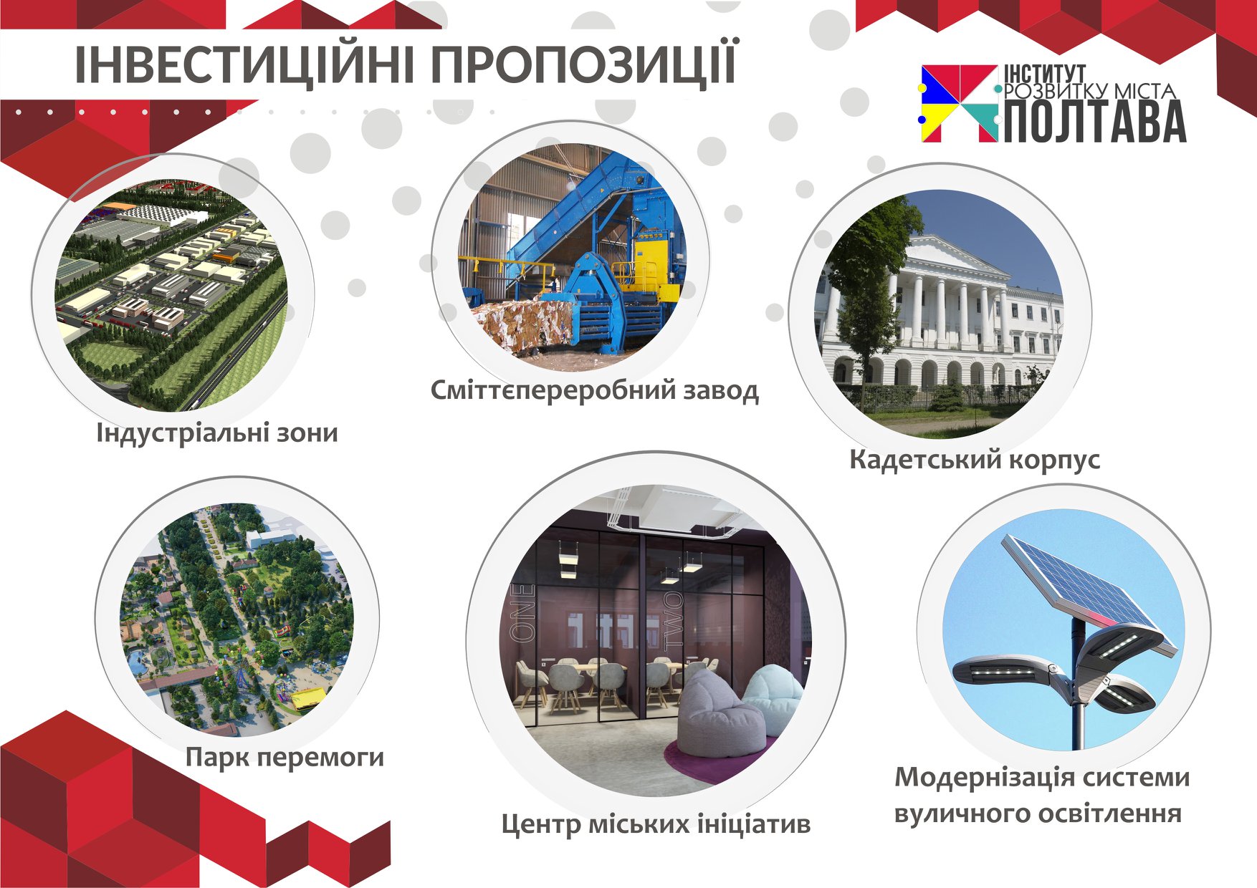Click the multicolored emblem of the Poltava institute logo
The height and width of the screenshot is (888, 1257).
click(x=960, y=104)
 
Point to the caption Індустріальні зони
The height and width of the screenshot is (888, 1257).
click(x=217, y=433)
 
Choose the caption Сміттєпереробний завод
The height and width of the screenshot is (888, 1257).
click(x=594, y=391)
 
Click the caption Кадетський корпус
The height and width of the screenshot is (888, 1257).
click(x=975, y=460)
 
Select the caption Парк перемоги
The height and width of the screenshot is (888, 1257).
click(x=285, y=758)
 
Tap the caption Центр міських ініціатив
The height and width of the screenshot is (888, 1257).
click(x=656, y=824)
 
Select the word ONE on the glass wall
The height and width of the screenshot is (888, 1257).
click(x=522, y=612)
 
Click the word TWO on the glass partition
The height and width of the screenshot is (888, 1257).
click(x=674, y=624)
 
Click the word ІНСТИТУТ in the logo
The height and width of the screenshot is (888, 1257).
click(x=1045, y=74)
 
